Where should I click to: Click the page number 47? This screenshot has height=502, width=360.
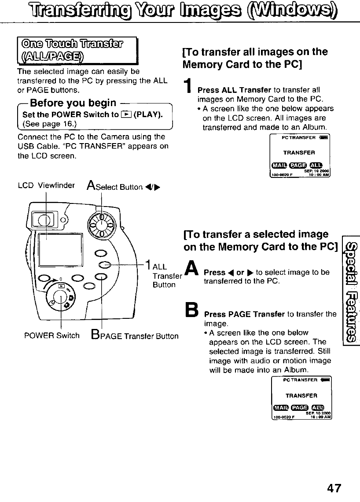point(333,488)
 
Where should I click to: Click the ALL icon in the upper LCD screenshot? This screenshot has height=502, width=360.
point(316,165)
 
